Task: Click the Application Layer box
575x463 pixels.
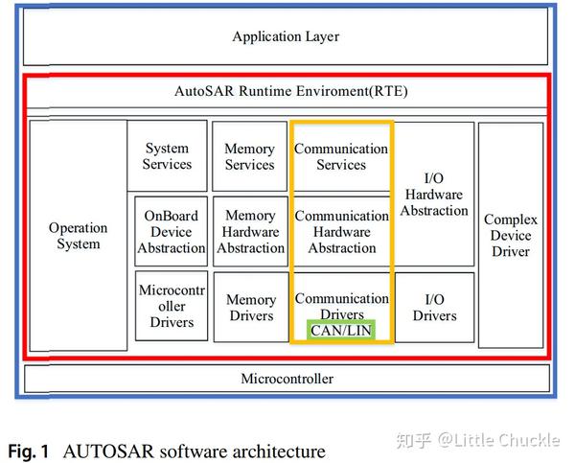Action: click(286, 37)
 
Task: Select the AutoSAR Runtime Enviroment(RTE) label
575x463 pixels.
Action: click(286, 92)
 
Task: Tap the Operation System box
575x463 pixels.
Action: click(78, 236)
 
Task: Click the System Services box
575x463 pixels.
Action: click(167, 156)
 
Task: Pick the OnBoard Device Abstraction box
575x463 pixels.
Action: click(171, 231)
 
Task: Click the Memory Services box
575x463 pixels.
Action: click(249, 156)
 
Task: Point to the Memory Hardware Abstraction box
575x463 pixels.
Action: click(249, 231)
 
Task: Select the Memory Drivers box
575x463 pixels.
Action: click(249, 308)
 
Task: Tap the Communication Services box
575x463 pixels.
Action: click(341, 156)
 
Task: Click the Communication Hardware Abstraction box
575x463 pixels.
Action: click(341, 231)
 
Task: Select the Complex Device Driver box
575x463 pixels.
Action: click(510, 236)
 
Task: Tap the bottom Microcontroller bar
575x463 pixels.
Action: click(287, 379)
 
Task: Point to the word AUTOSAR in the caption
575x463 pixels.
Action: click(108, 451)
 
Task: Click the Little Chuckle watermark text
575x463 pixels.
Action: click(498, 440)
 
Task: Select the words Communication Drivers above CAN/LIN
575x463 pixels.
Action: click(341, 306)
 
